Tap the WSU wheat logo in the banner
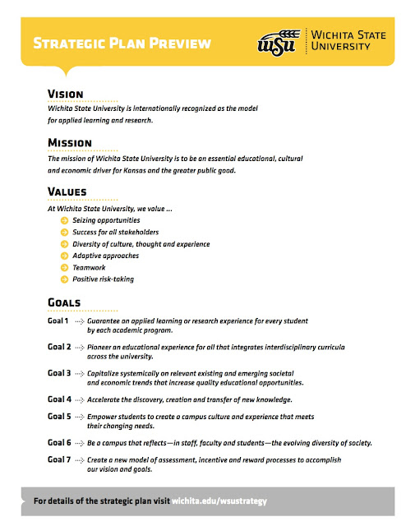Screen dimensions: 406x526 tap(276, 42)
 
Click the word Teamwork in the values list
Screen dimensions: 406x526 tap(89, 267)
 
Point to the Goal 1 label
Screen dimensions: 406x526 tap(58, 321)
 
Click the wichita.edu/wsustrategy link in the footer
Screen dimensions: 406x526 tap(218, 500)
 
